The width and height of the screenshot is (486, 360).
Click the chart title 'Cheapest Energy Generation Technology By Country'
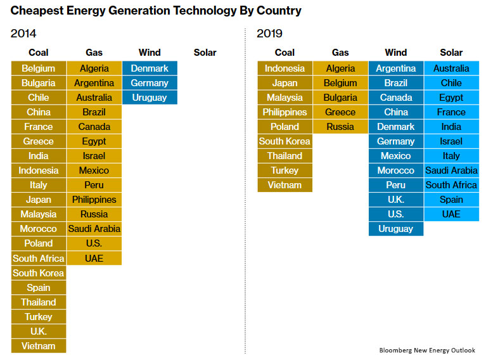[156, 11]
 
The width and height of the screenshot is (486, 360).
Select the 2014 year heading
[23, 33]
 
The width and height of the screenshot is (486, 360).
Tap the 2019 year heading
[269, 33]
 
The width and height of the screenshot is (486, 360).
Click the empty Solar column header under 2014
[205, 53]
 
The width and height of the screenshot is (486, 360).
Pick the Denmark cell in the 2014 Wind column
[150, 68]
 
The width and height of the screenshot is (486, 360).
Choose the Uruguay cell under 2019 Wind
[395, 229]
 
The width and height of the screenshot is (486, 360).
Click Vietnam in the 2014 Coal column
[38, 346]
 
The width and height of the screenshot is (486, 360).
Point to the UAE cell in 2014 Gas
[94, 258]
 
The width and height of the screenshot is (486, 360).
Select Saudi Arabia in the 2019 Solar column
[451, 170]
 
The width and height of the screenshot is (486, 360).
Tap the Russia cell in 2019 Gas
[340, 127]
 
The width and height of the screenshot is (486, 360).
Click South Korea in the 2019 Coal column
[285, 141]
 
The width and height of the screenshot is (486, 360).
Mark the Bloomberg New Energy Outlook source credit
[427, 350]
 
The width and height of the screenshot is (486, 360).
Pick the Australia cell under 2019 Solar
[451, 68]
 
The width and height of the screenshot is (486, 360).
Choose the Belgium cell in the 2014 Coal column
[38, 68]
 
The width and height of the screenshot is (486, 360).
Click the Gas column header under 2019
[340, 53]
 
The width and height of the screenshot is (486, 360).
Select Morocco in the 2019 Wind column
[395, 170]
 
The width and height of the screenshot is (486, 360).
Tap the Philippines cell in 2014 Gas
[94, 200]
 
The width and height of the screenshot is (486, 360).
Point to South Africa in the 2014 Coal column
[38, 258]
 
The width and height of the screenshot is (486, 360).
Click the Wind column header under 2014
[150, 53]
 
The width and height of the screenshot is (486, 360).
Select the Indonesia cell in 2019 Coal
[285, 68]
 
